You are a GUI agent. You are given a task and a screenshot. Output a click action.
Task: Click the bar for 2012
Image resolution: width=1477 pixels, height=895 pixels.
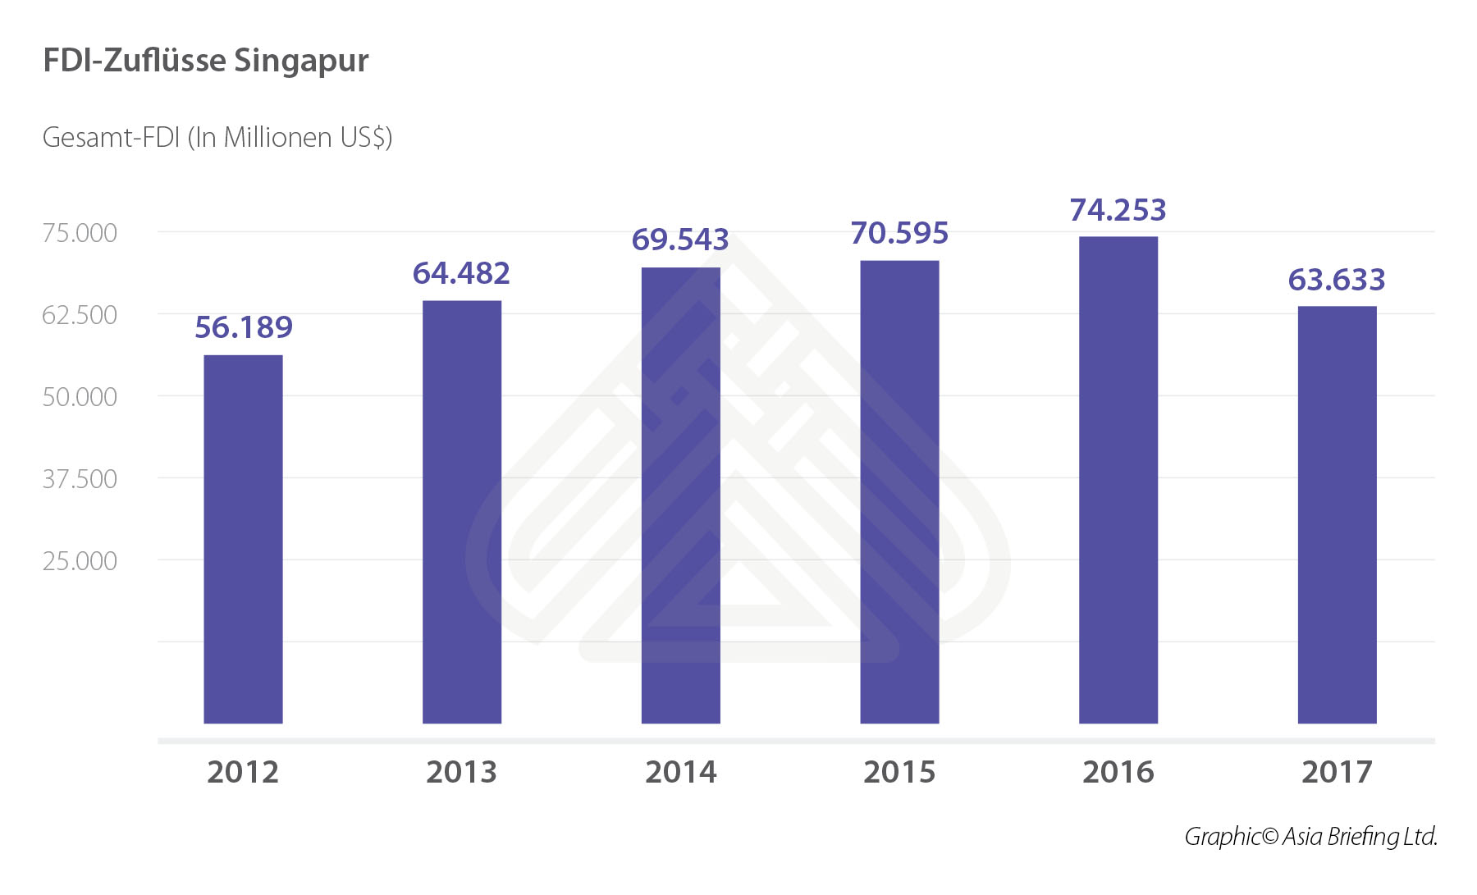coord(243,539)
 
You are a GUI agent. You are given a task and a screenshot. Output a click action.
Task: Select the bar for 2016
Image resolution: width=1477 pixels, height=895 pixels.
coord(1118,480)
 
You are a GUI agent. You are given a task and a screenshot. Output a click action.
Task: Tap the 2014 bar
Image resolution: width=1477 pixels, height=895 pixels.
coord(680,495)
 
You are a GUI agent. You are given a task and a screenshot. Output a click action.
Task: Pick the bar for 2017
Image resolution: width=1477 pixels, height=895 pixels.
coord(1337,514)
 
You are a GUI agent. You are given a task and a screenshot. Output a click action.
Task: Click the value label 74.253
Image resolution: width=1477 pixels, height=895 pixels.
coord(1118,210)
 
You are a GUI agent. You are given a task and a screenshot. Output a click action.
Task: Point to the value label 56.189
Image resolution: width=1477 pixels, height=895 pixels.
coord(243,327)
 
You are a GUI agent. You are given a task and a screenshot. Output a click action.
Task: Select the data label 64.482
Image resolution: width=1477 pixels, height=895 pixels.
coord(461,273)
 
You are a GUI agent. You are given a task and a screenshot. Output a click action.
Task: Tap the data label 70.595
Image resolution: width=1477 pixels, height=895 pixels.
coord(899,233)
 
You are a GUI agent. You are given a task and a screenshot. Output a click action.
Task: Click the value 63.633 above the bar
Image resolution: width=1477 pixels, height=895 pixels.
coord(1337,280)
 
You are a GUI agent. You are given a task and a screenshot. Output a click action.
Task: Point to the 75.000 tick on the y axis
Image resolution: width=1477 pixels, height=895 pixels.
coord(80,233)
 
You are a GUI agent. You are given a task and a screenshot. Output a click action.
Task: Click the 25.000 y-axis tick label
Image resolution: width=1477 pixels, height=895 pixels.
coord(80,561)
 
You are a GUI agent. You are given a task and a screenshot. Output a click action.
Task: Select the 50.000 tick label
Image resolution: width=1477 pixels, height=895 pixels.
coord(80,397)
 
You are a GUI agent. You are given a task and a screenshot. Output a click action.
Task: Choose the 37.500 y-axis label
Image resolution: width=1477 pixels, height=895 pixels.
coord(80,479)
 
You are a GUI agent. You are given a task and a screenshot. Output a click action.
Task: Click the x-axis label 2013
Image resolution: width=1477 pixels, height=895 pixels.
coord(461,772)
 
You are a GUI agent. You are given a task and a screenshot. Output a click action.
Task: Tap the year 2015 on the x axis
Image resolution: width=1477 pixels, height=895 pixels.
coord(899,772)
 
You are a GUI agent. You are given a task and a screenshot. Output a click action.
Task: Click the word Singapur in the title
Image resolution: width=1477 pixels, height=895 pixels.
coord(301,62)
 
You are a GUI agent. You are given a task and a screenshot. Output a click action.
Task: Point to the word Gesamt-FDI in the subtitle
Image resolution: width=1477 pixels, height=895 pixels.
coord(111,137)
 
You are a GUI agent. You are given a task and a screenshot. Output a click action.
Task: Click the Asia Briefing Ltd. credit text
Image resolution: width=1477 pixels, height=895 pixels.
coord(1359,836)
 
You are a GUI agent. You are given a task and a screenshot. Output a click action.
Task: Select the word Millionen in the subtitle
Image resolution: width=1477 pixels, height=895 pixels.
coord(277,137)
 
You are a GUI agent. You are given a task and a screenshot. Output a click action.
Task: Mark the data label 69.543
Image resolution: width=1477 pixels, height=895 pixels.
coord(680,240)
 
